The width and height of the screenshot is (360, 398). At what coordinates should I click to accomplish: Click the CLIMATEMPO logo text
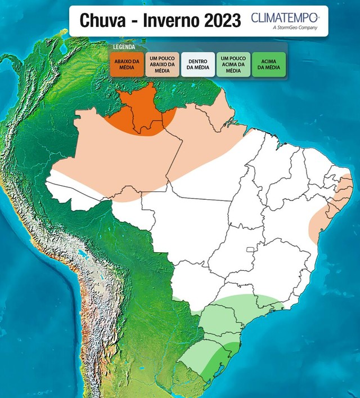(285, 17)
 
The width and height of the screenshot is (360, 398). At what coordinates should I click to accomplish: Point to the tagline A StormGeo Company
(294, 27)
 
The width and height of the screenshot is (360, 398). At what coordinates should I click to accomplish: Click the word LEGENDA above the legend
(124, 47)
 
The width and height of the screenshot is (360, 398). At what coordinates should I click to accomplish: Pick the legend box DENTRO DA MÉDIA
(197, 64)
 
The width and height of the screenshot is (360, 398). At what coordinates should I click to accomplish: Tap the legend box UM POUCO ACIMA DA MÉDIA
(233, 64)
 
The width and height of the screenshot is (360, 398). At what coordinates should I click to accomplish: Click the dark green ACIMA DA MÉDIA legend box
(268, 64)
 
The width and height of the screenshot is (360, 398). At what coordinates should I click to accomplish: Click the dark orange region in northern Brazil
(141, 113)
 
